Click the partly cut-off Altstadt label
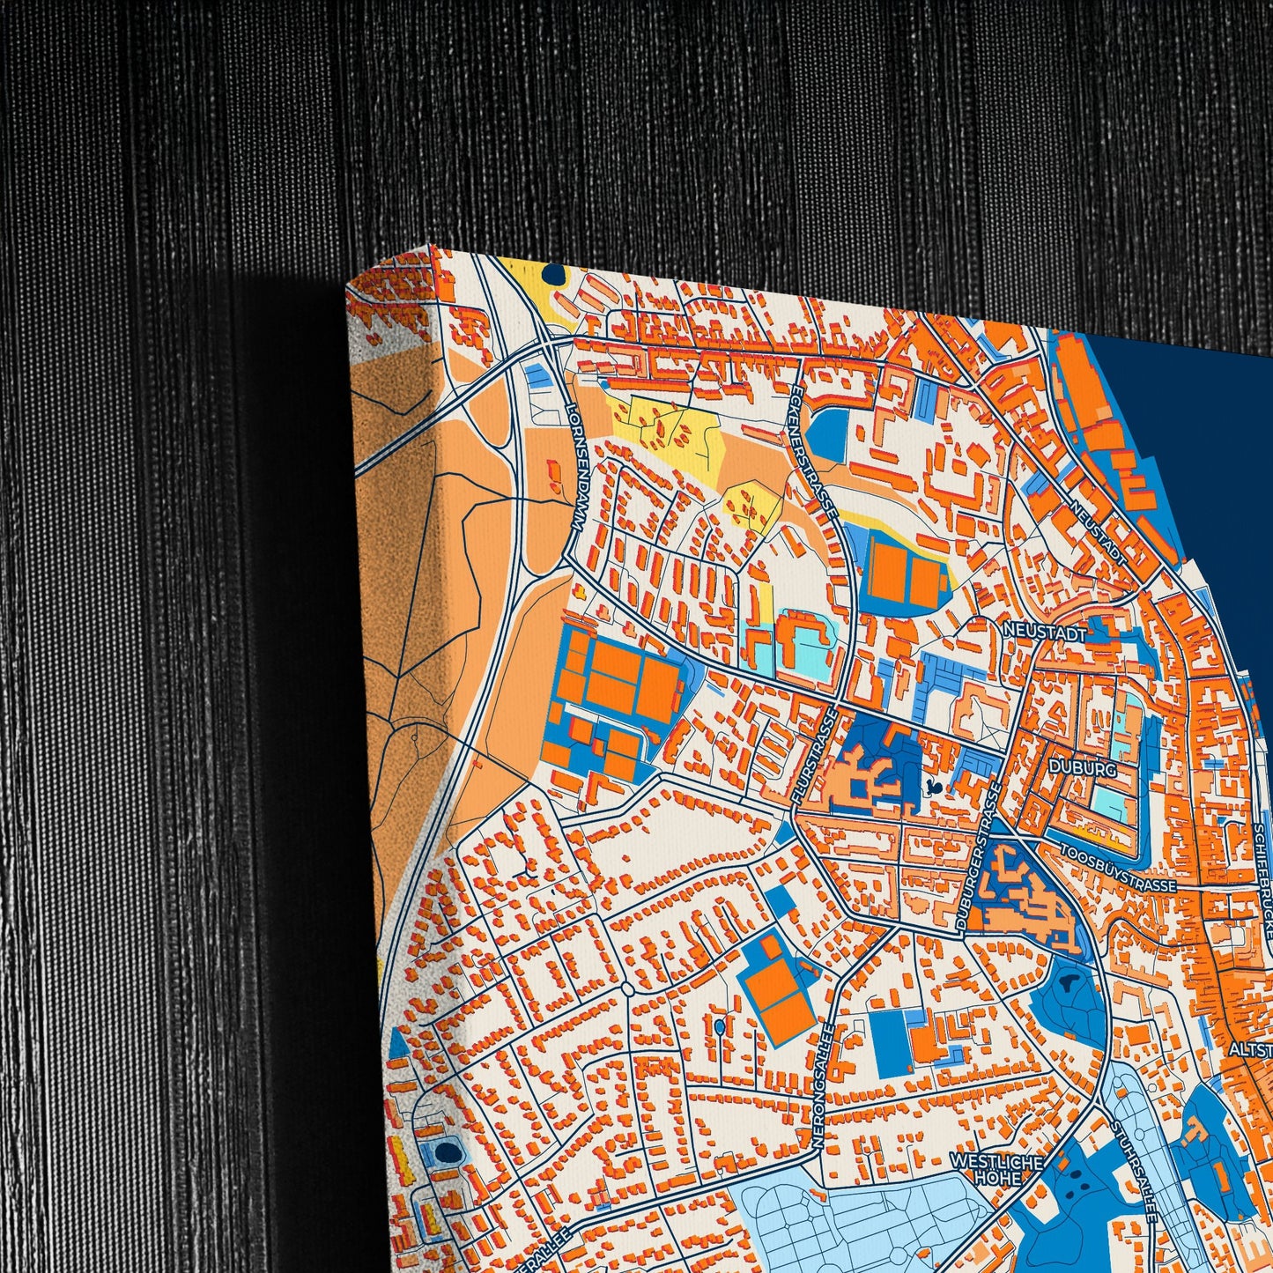point(1251,1050)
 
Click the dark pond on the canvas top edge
point(553,274)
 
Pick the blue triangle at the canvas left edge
point(398,1044)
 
